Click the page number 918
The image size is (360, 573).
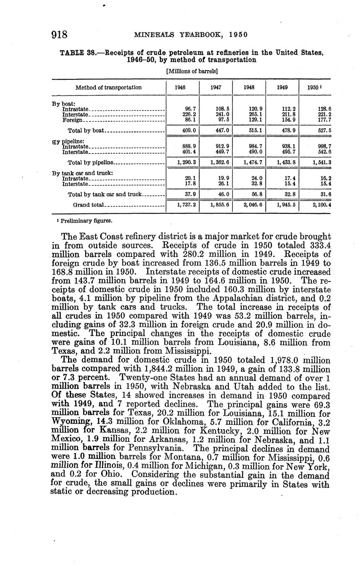point(60,34)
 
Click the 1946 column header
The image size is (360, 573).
point(180,88)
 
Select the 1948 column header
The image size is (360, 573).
point(248,88)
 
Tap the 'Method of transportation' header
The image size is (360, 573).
point(108,88)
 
